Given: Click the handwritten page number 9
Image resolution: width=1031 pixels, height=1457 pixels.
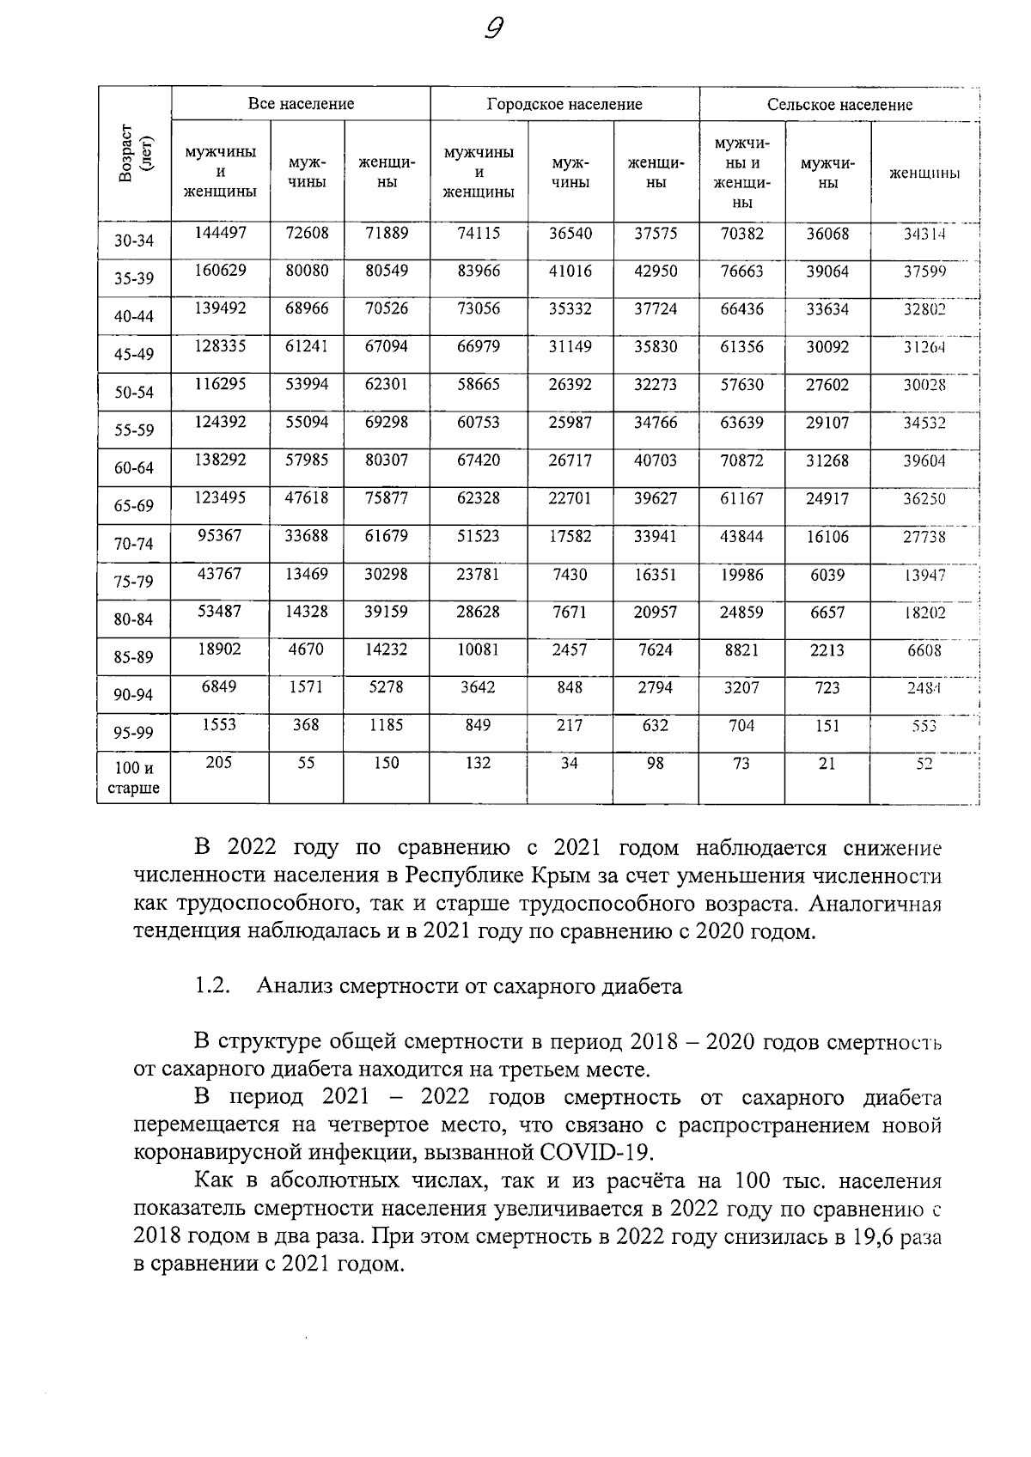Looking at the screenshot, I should (x=493, y=30).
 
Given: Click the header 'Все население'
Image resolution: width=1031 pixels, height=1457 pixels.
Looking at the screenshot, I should (x=301, y=104).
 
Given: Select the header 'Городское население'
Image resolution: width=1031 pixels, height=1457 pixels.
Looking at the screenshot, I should (x=564, y=105).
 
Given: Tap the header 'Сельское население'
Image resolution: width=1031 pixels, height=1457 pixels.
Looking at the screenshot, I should (x=839, y=105).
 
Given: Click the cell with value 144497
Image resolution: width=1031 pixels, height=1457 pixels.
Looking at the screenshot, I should (x=220, y=233).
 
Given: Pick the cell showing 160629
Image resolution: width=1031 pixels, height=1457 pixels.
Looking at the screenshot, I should (x=220, y=271).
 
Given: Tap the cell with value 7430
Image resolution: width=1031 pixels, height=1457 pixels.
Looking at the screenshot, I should (x=570, y=574).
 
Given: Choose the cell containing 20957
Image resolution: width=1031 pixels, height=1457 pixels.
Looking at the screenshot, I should (x=656, y=612).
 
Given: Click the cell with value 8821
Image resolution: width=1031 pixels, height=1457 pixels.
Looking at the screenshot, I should (x=741, y=650).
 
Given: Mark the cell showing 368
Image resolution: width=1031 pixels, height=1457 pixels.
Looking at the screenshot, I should (x=306, y=725).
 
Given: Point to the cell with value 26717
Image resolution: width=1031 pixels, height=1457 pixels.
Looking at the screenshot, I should (x=570, y=460).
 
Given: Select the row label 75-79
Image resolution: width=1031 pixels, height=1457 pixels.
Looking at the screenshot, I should (x=134, y=582).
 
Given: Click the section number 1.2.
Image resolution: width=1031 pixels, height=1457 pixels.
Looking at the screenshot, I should (x=212, y=986).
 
